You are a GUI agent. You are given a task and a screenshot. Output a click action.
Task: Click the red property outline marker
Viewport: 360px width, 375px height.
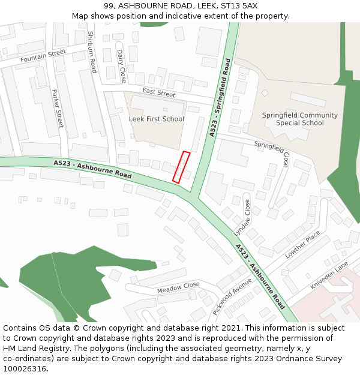pyautogui.click(x=181, y=167)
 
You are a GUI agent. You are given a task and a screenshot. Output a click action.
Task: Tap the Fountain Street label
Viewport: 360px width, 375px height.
pyautogui.click(x=43, y=56)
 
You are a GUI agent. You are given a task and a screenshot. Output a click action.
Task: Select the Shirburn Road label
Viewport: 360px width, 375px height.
pyautogui.click(x=92, y=52)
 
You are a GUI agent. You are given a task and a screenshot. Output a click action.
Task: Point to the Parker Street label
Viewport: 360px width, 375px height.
pyautogui.click(x=58, y=108)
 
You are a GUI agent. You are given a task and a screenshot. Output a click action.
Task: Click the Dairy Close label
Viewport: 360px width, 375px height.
pyautogui.click(x=122, y=66)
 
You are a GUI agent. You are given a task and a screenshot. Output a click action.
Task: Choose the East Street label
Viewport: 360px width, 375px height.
pyautogui.click(x=159, y=92)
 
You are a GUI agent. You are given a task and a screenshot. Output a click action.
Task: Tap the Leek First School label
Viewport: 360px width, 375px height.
pyautogui.click(x=157, y=119)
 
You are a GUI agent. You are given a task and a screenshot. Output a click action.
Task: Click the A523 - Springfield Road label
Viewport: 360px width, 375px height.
pyautogui.click(x=220, y=97)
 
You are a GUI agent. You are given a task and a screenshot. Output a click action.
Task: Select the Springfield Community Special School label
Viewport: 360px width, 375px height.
pyautogui.click(x=300, y=119)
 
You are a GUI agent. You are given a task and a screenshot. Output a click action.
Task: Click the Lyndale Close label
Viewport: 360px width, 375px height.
pyautogui.click(x=242, y=217)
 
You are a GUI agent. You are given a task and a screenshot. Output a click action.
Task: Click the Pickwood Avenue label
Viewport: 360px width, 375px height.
pyautogui.click(x=232, y=296)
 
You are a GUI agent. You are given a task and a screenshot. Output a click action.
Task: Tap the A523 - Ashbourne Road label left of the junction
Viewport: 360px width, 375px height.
pyautogui.click(x=92, y=169)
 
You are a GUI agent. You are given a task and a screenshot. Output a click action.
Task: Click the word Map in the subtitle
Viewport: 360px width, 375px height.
pyautogui.click(x=80, y=16)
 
